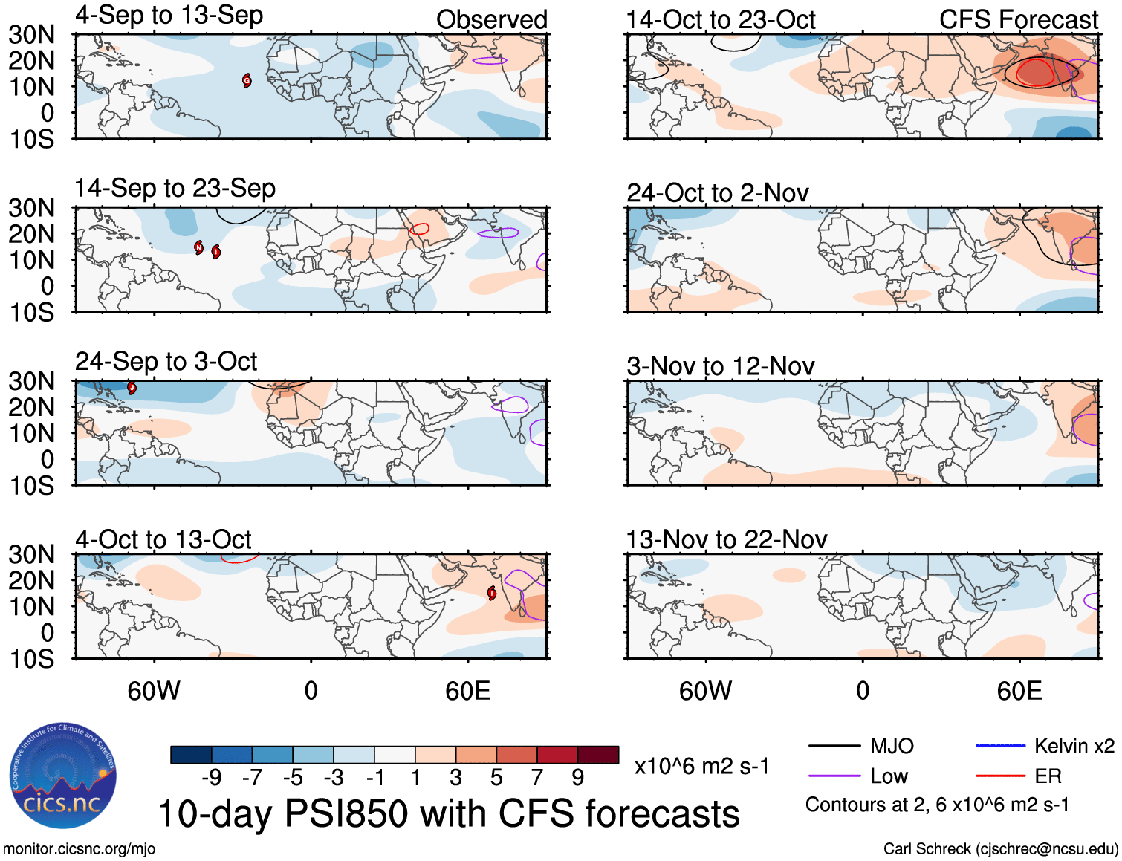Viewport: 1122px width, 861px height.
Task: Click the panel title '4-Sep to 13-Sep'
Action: point(169,16)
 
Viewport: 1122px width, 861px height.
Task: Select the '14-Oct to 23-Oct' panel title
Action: point(720,20)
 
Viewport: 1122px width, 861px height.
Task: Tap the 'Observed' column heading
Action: point(491,20)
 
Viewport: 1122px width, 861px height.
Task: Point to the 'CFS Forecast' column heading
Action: point(1018,20)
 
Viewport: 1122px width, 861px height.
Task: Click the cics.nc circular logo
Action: point(62,776)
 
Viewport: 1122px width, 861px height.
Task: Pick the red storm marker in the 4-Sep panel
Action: point(247,81)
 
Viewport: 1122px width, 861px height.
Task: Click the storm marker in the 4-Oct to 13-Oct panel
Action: point(492,593)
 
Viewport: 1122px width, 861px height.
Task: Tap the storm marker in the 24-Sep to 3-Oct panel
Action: point(132,387)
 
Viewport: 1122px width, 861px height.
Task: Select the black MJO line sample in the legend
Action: point(834,746)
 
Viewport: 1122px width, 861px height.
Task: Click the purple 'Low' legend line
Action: point(834,776)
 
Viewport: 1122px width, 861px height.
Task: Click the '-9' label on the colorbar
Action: point(211,778)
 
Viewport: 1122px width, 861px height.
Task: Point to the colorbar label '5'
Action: point(496,778)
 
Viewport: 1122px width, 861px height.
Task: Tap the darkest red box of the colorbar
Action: point(598,755)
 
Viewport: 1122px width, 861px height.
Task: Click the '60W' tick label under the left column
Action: point(154,691)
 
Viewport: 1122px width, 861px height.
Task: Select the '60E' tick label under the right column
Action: point(1019,691)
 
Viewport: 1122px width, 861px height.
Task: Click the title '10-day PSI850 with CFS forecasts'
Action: point(449,814)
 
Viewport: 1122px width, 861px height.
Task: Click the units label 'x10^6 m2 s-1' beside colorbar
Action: point(701,766)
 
